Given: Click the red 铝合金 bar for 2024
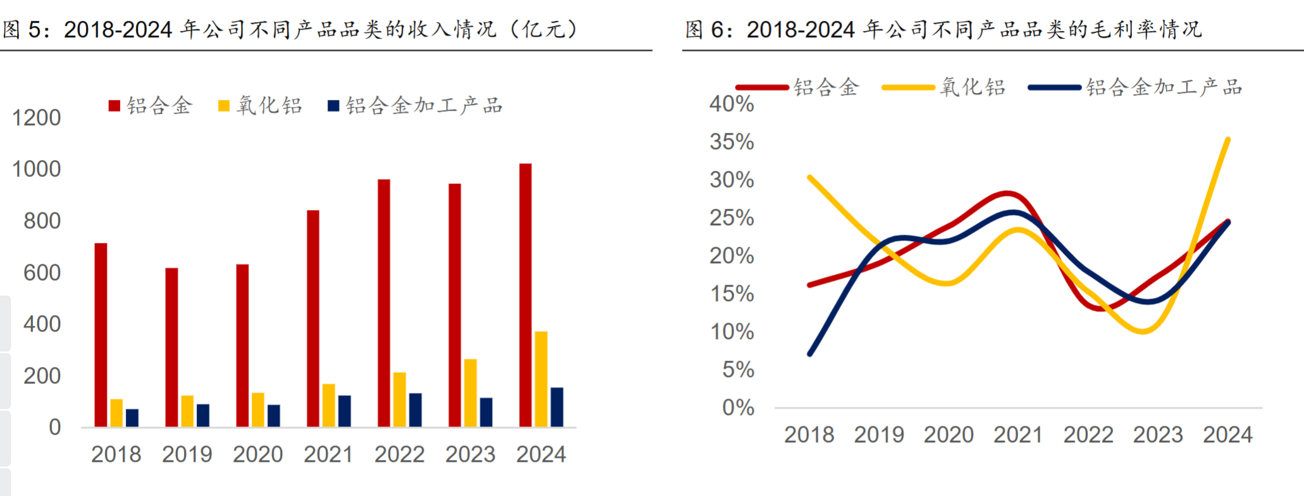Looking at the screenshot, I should click(x=525, y=295).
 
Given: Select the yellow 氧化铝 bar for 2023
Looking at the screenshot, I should click(x=470, y=393).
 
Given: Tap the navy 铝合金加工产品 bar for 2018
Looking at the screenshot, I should click(x=132, y=418).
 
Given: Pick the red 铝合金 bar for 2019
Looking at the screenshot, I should click(x=171, y=347).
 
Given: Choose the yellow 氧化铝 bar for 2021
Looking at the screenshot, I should click(x=329, y=405).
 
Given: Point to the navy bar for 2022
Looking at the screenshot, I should click(x=415, y=410).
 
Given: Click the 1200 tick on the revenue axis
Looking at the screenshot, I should click(x=37, y=118).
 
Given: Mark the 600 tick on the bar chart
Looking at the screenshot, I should click(x=42, y=273).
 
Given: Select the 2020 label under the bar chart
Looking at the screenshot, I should click(x=257, y=454).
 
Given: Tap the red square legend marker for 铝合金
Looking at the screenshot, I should click(x=114, y=106).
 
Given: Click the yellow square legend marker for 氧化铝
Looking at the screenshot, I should click(x=224, y=106).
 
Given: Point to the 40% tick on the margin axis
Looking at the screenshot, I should click(x=732, y=104).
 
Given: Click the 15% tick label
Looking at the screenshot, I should click(x=732, y=294).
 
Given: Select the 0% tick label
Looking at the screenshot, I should click(x=738, y=407).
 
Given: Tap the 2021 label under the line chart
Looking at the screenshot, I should click(x=1018, y=435).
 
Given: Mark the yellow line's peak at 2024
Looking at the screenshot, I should click(x=1227, y=139).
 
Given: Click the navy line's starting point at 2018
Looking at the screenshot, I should click(x=810, y=354).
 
